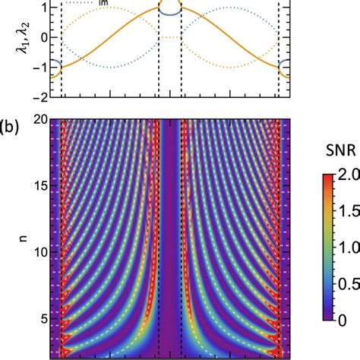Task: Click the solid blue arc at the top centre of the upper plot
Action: (x=170, y=11)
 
